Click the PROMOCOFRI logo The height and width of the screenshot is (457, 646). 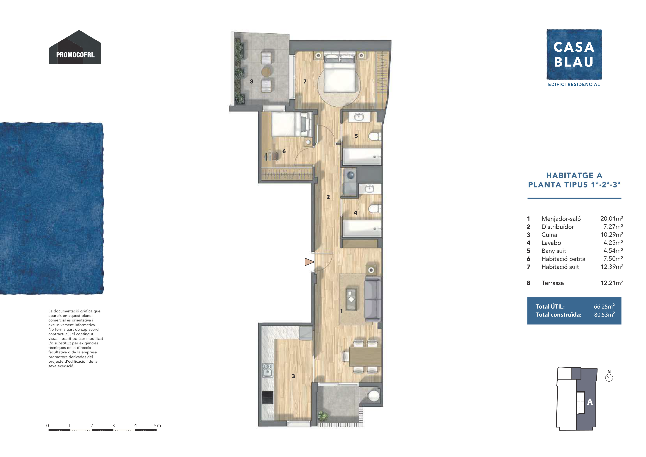(x=75, y=47)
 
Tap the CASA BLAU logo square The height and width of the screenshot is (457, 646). (x=574, y=54)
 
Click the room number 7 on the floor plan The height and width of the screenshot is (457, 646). (x=305, y=82)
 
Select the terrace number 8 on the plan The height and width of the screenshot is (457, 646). (x=252, y=82)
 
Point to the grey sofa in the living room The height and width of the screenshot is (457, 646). (x=373, y=300)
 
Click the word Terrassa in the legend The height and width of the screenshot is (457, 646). (x=553, y=283)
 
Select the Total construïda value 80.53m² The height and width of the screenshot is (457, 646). (x=604, y=315)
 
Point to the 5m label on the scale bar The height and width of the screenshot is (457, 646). (x=157, y=425)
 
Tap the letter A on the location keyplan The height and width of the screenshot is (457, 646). (x=590, y=402)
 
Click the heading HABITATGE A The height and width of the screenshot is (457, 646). (x=574, y=175)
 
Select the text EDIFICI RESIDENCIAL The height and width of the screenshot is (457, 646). (x=574, y=84)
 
